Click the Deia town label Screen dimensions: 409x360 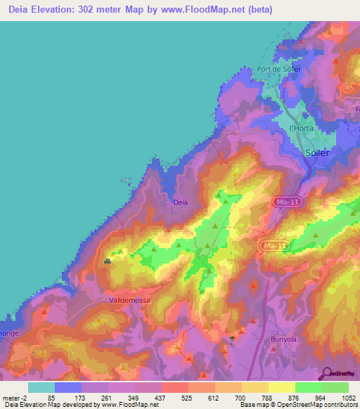coord(181,202)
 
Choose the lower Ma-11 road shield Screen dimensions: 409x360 coord(273,245)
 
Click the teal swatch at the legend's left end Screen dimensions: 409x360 coord(41,387)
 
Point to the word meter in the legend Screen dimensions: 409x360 coord(13,398)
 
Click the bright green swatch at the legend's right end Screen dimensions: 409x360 coord(335,387)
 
